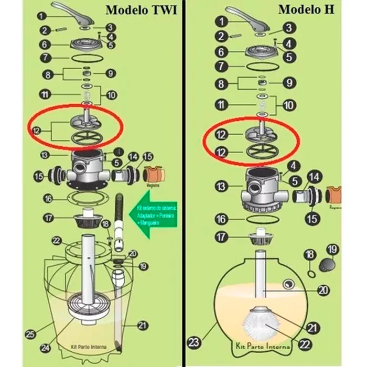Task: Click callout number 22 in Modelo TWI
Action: [x=57, y=240]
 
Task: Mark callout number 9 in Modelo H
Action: [x=288, y=82]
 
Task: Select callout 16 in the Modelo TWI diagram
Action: [x=48, y=199]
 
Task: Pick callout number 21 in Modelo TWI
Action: [x=142, y=326]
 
